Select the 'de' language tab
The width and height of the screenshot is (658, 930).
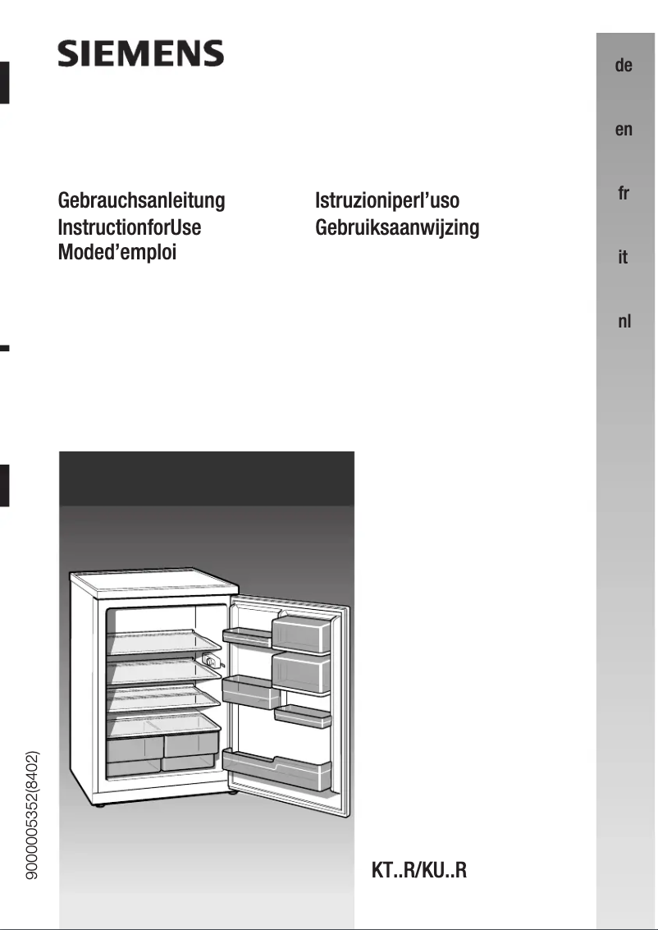[x=624, y=66]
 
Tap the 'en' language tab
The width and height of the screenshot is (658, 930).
[x=624, y=130]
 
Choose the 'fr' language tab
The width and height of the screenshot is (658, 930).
[x=624, y=194]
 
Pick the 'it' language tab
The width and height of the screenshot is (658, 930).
[x=624, y=258]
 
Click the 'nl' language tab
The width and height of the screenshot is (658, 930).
[x=624, y=322]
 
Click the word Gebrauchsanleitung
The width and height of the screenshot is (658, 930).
[x=141, y=201]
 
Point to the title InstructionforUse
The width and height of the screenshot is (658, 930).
[x=130, y=227]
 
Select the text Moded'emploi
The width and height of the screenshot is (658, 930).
[x=117, y=252]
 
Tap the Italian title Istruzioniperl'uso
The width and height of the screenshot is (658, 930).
[x=387, y=201]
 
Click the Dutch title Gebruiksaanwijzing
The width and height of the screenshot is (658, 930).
[x=397, y=227]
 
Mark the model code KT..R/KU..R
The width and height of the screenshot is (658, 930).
[x=419, y=870]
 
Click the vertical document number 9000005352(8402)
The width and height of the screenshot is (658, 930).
[x=34, y=816]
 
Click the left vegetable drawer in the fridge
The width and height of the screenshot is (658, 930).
[x=135, y=747]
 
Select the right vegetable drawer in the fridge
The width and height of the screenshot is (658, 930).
[x=191, y=746]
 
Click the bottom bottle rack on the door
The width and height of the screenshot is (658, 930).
[x=277, y=768]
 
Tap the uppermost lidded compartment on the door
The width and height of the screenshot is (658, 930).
[x=301, y=635]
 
